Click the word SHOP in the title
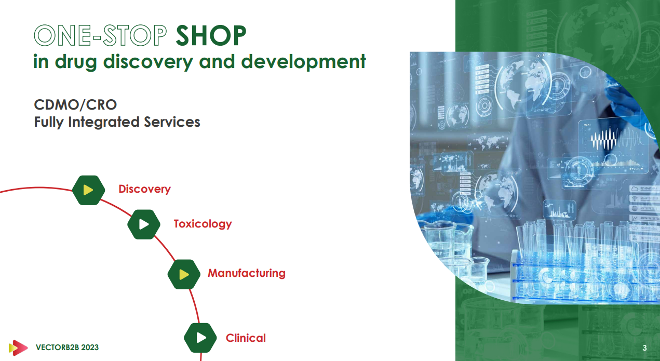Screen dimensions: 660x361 pyautogui.click(x=211, y=35)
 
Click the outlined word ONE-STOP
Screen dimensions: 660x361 pyautogui.click(x=100, y=35)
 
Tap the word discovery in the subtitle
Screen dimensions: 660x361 pyautogui.click(x=148, y=62)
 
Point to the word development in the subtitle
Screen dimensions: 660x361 pyautogui.click(x=303, y=62)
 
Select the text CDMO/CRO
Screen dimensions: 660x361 pyautogui.click(x=75, y=104)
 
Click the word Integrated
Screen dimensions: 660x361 pyautogui.click(x=104, y=122)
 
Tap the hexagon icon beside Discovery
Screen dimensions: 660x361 pyautogui.click(x=88, y=190)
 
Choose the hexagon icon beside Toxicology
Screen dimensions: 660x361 pyautogui.click(x=144, y=224)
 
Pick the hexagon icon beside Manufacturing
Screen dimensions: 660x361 pyautogui.click(x=184, y=274)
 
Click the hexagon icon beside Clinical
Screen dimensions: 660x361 pyautogui.click(x=200, y=338)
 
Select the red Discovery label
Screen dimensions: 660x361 pyautogui.click(x=145, y=189)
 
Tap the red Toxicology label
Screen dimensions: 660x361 pyautogui.click(x=203, y=224)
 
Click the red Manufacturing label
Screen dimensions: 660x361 pyautogui.click(x=247, y=273)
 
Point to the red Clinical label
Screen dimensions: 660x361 pyautogui.click(x=246, y=338)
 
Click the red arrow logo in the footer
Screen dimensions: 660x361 pyautogui.click(x=18, y=347)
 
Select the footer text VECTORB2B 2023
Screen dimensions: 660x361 pyautogui.click(x=67, y=347)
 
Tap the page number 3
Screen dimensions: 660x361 pyautogui.click(x=644, y=348)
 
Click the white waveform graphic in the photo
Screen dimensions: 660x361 pyautogui.click(x=604, y=139)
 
